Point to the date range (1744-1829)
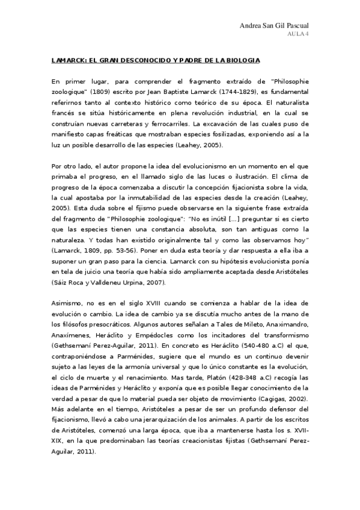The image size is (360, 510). [x=235, y=91]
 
